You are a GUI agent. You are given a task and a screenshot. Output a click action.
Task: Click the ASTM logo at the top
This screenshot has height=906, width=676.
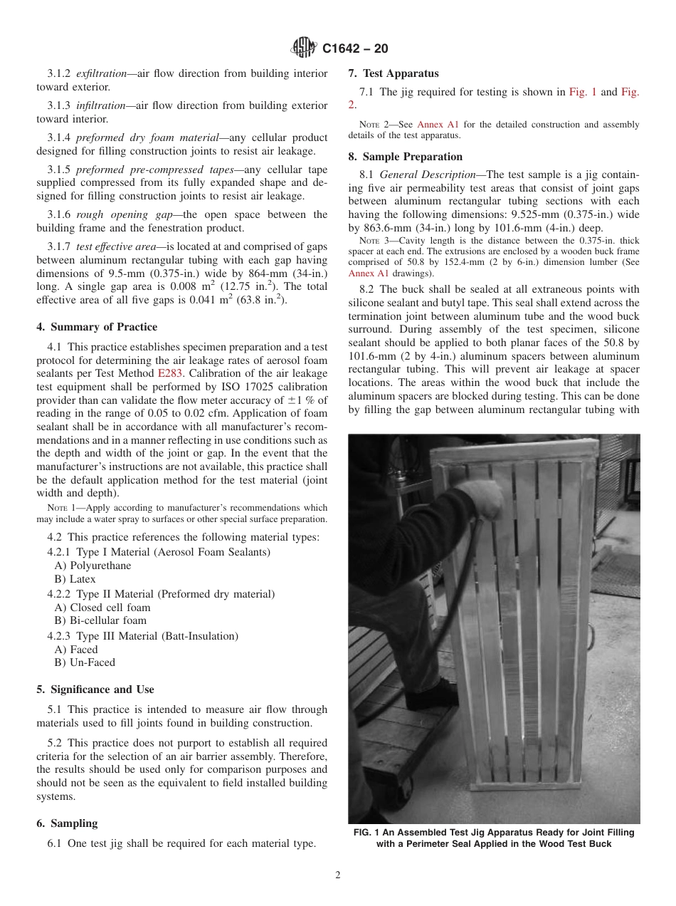[304, 48]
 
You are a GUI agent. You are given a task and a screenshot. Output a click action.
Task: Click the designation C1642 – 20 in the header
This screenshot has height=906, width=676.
[355, 49]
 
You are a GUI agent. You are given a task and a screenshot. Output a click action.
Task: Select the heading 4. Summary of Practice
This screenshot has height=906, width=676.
[97, 327]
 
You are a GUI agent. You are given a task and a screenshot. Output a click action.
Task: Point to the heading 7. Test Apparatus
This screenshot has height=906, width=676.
[393, 73]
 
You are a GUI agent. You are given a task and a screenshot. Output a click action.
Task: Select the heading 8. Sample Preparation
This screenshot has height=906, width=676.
[405, 157]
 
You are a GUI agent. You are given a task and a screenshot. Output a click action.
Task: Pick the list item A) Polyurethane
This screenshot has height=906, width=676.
[93, 566]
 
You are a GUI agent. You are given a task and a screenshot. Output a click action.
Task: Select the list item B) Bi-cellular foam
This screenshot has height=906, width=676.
[100, 620]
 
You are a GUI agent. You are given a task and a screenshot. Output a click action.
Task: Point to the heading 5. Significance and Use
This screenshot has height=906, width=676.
[95, 689]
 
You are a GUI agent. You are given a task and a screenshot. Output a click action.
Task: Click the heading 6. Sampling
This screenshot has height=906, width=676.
[67, 823]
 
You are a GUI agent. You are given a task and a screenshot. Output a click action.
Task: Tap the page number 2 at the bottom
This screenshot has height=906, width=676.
[338, 875]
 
